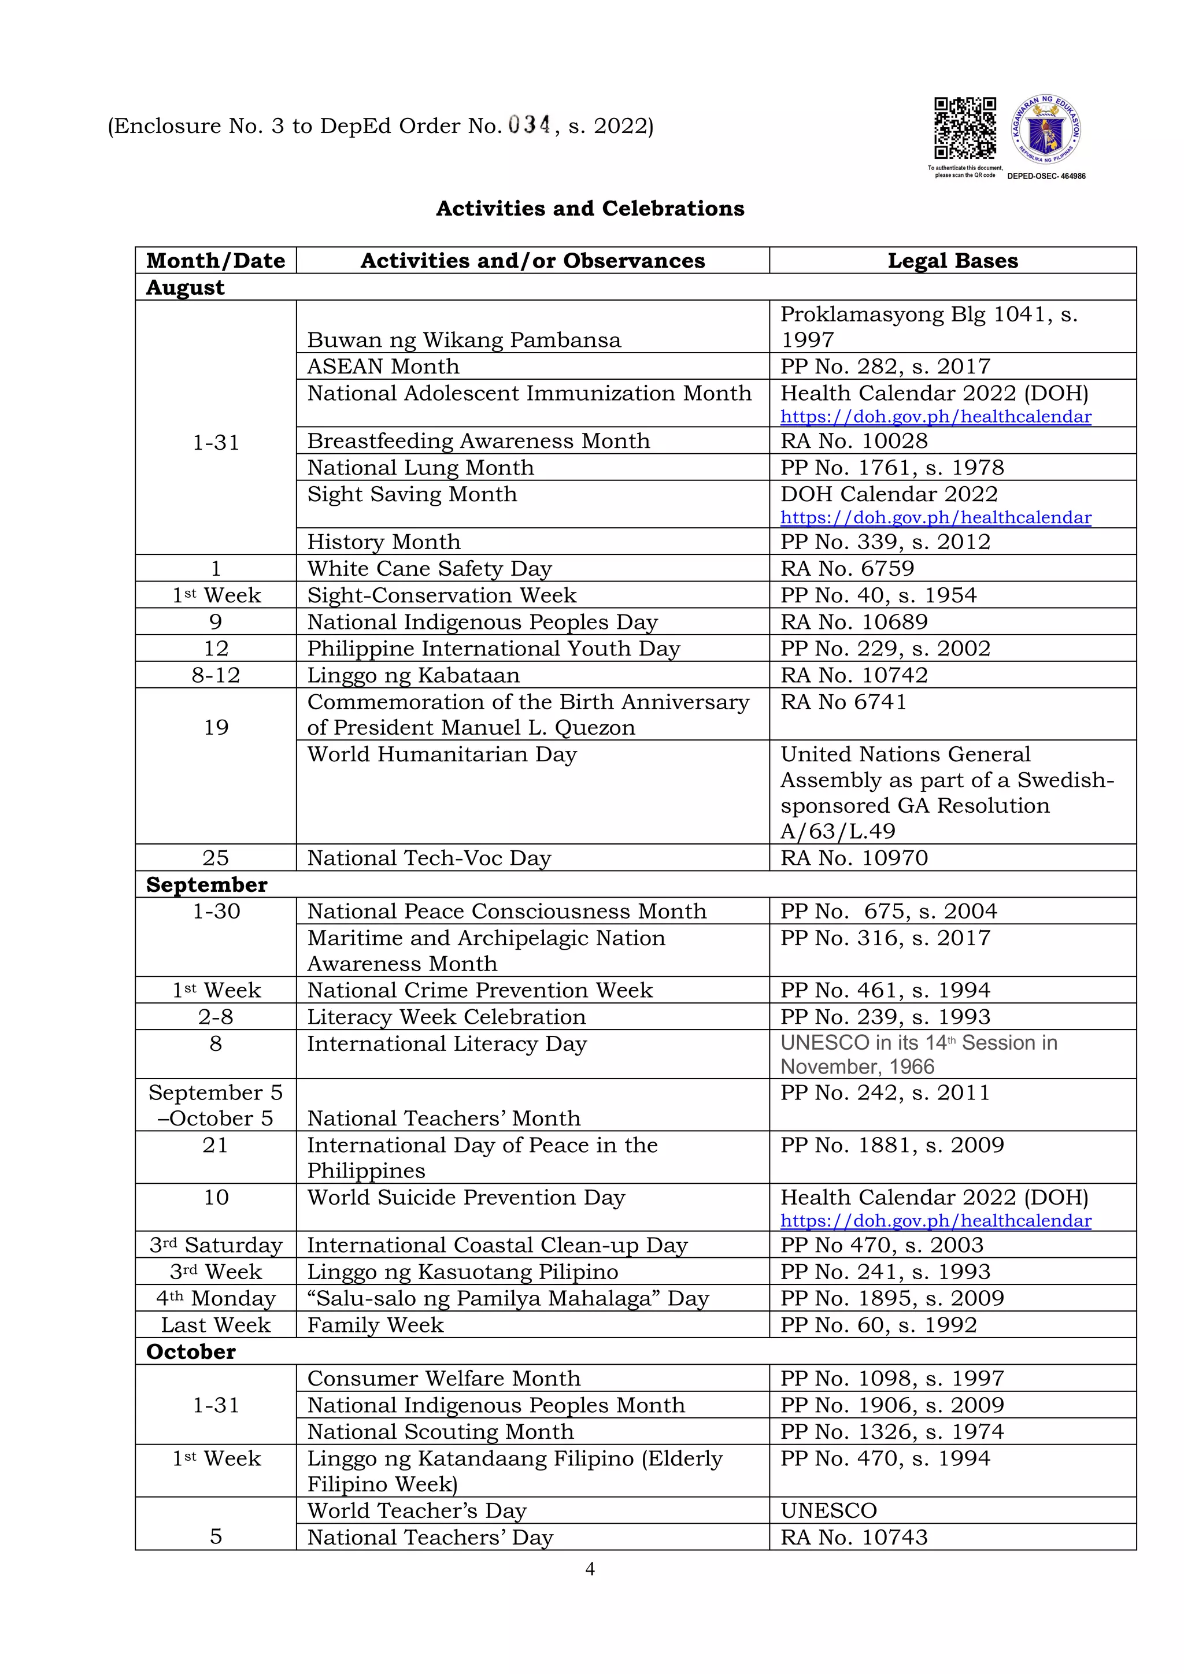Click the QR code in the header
[x=965, y=128]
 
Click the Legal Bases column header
[x=952, y=261]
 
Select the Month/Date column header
[x=216, y=261]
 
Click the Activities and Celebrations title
[x=590, y=209]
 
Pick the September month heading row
[x=207, y=884]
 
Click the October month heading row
[x=191, y=1351]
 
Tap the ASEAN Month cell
[x=383, y=366]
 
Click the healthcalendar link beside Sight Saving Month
[x=935, y=518]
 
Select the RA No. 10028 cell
[x=854, y=441]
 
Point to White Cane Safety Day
[x=430, y=569]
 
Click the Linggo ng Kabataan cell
[x=413, y=675]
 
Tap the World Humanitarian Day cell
[x=442, y=754]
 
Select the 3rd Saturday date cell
[x=216, y=1245]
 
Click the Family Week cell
[x=375, y=1325]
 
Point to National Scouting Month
[x=441, y=1431]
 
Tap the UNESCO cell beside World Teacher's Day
[x=829, y=1510]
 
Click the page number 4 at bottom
[x=590, y=1568]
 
